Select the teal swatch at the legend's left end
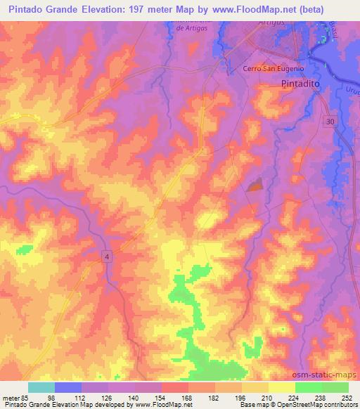point(41,387)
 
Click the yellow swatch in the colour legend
point(282,387)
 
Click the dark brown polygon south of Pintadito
point(254,184)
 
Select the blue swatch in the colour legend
point(68,387)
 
